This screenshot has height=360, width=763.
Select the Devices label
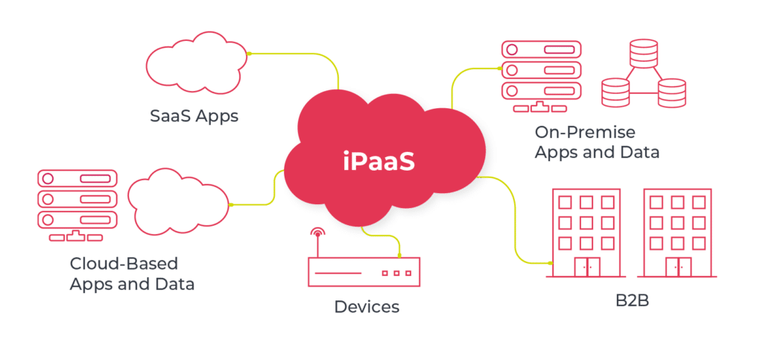(366, 306)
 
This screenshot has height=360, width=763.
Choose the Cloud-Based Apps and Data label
(131, 274)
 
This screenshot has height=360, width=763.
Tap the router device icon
(364, 271)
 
